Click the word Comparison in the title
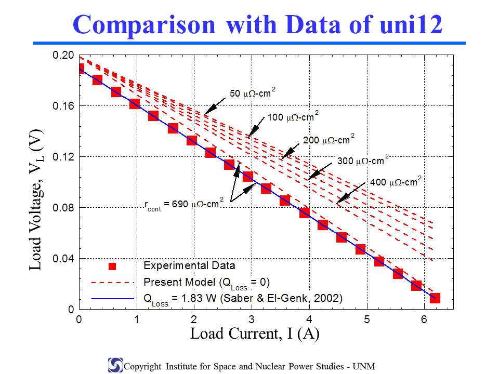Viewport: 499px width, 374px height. tap(144, 25)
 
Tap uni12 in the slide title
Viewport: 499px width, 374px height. tap(411, 24)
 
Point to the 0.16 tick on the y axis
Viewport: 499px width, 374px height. tap(63, 106)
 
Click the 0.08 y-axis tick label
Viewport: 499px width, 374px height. tap(63, 208)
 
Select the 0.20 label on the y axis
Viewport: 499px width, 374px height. tap(63, 55)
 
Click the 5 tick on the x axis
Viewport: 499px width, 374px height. tap(367, 319)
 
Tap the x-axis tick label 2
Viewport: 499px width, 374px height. tap(194, 319)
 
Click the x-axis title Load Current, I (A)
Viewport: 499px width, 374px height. tap(255, 334)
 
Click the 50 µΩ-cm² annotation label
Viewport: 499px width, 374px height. tap(253, 92)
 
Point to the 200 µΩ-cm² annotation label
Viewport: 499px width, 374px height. tap(329, 139)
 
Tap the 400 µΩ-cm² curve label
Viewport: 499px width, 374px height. tap(396, 182)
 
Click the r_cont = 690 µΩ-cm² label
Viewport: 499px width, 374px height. tap(184, 204)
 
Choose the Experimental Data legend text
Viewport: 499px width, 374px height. tap(189, 265)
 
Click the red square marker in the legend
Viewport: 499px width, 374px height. tap(112, 266)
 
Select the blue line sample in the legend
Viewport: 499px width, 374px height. tap(112, 299)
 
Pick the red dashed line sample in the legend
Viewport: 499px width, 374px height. tap(112, 282)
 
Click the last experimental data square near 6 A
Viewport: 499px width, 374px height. tap(435, 298)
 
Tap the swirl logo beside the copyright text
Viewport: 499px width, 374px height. tap(115, 365)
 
